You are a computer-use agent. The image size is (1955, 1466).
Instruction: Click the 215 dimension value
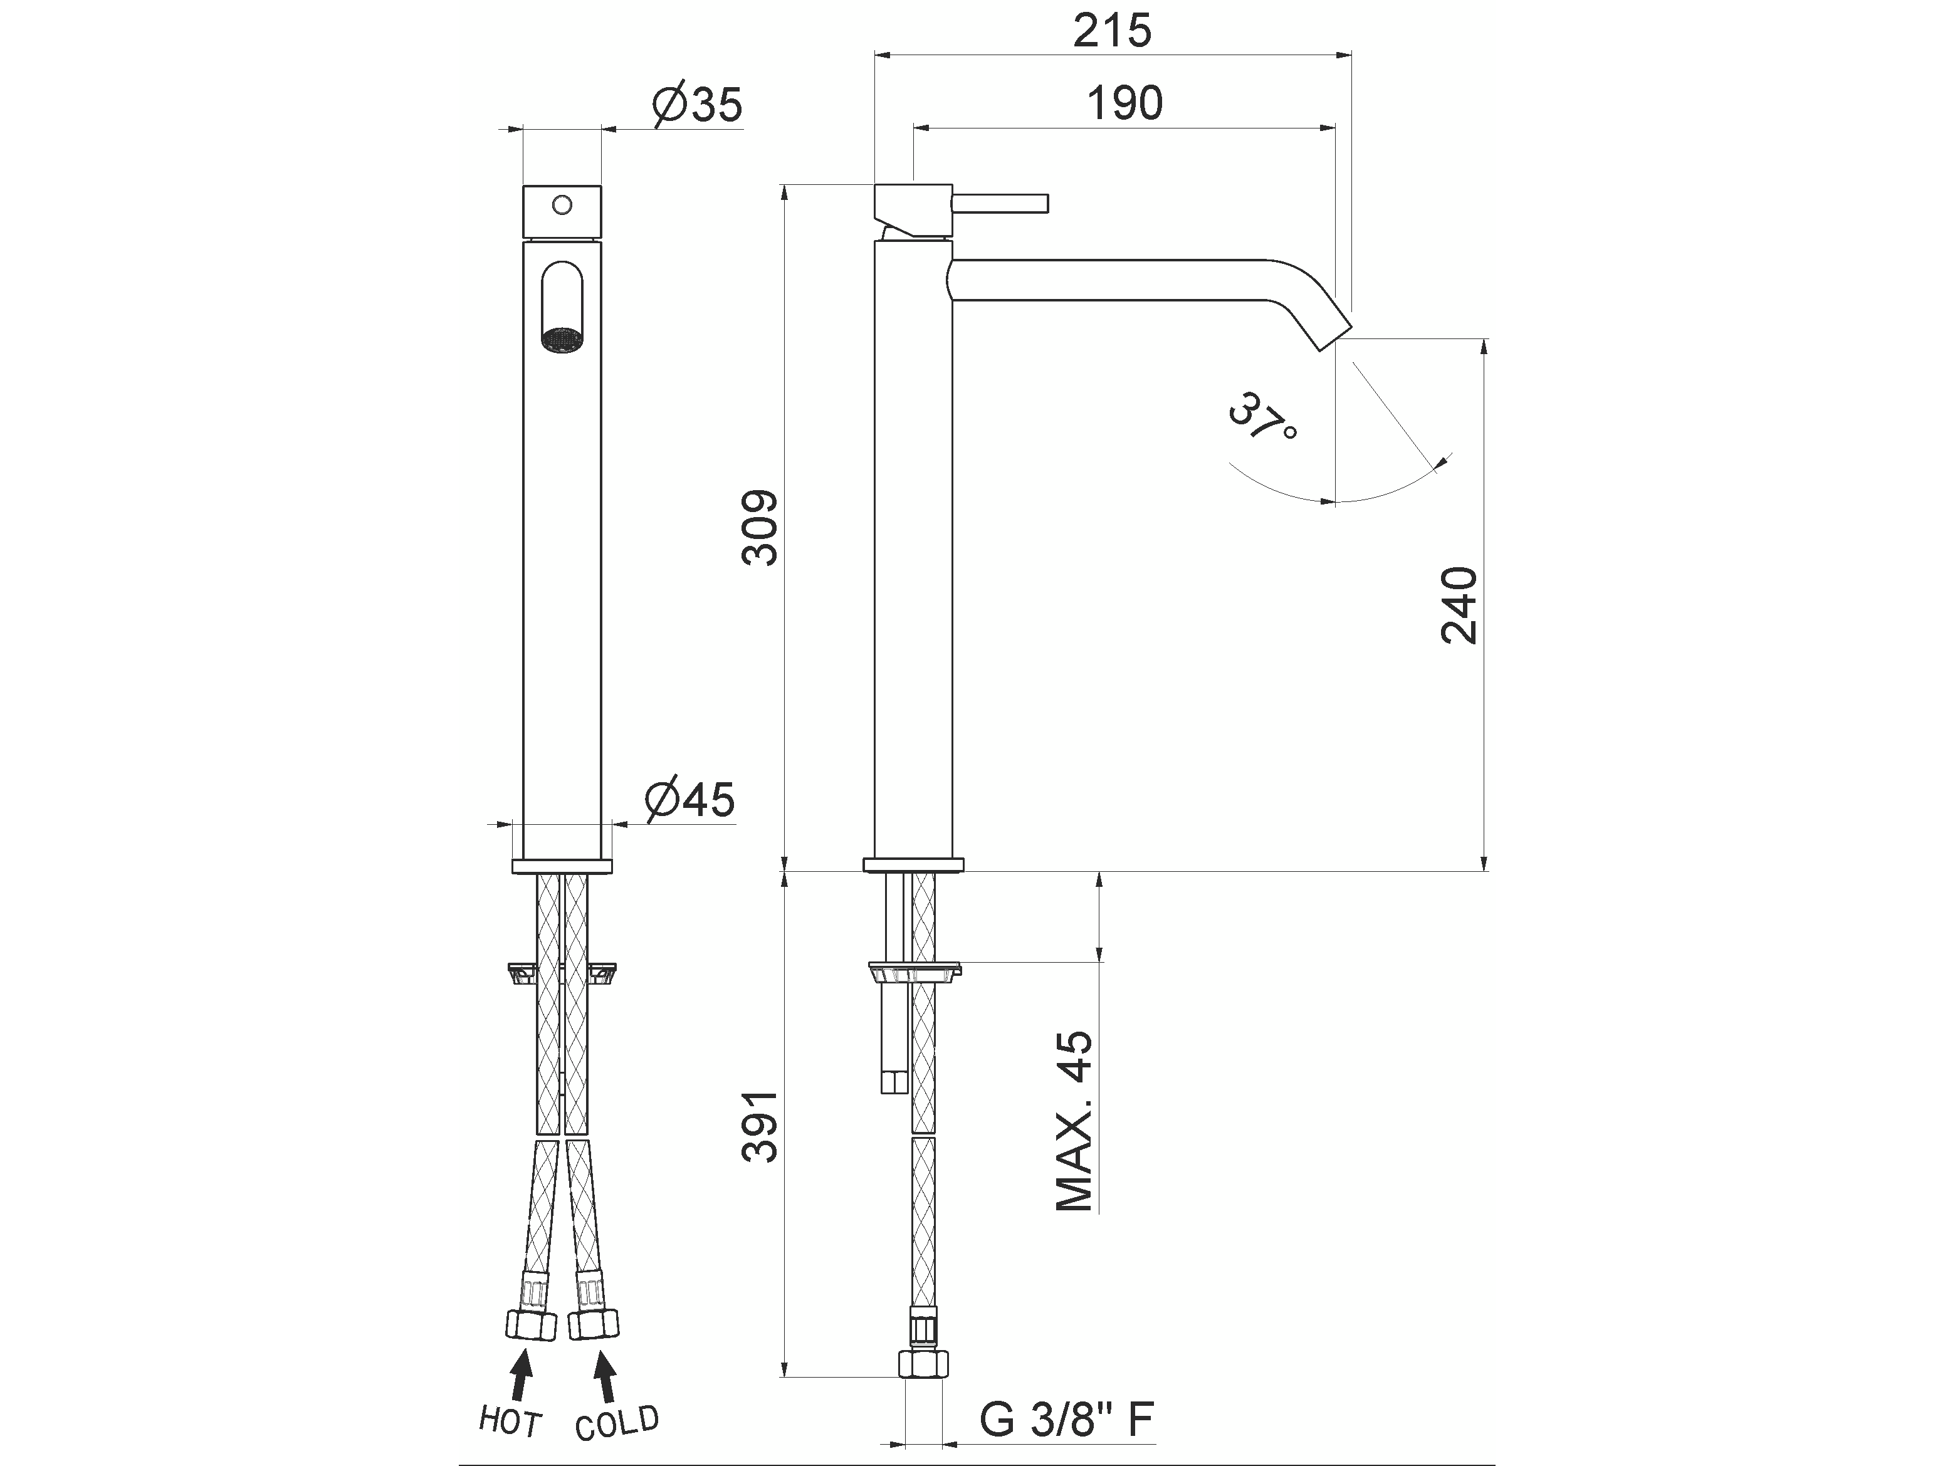coord(1112,32)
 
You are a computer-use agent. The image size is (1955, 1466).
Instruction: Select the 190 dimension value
coord(1124,103)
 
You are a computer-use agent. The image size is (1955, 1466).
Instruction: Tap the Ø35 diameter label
coord(698,106)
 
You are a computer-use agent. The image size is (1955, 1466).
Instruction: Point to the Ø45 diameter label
coord(690,800)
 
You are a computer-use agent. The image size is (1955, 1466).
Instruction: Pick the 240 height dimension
coord(1459,605)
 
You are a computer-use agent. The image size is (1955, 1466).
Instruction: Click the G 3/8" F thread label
coord(1067,1420)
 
